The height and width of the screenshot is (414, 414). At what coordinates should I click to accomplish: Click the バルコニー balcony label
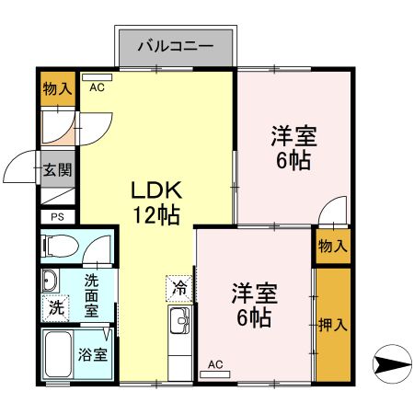pos(175,45)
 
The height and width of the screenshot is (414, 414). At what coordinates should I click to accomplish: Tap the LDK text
pos(158,190)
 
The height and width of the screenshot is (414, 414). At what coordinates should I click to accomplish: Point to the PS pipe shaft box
pos(57,218)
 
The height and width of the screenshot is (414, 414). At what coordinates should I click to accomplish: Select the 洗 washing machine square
pos(56,308)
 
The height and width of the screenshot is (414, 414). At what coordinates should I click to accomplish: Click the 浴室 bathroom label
pos(93,353)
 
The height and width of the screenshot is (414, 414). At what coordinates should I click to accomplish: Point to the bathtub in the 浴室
pos(58,355)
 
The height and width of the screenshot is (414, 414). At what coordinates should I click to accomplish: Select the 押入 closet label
pos(332,324)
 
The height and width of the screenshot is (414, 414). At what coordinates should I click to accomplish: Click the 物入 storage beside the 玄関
pos(57,89)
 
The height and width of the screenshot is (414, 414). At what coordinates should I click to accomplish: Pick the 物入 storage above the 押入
pos(332,246)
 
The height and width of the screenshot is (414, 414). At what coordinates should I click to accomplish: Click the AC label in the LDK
pos(97,88)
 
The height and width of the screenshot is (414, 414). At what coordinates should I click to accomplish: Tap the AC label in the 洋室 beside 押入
pos(215,364)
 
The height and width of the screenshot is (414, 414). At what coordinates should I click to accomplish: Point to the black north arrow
pos(391,363)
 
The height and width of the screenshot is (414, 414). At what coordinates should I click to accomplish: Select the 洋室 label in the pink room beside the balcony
pos(293,138)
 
